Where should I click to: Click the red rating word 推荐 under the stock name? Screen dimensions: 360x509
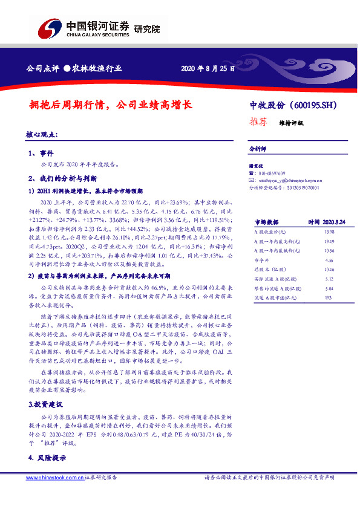(x=258, y=121)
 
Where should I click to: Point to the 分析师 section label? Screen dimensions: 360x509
(x=258, y=148)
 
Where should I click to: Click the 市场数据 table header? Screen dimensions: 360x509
(x=266, y=222)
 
